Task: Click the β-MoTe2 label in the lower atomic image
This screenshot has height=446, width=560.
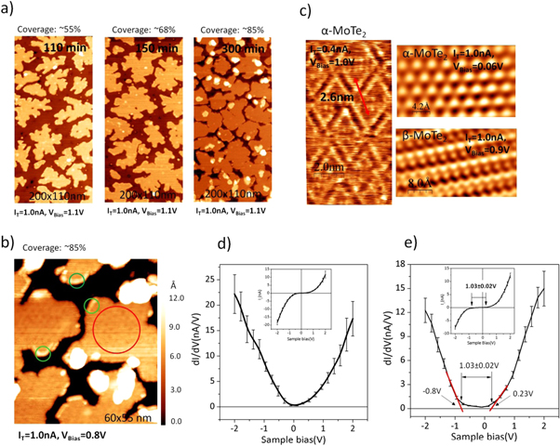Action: point(424,137)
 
